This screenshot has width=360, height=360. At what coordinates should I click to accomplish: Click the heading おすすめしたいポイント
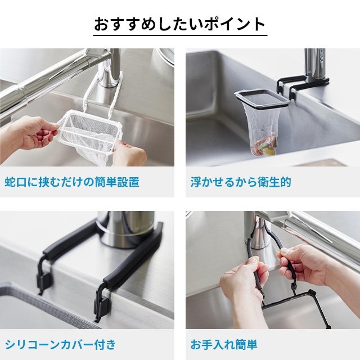tap(180, 24)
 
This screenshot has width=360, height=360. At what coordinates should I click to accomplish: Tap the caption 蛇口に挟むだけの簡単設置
tap(72, 182)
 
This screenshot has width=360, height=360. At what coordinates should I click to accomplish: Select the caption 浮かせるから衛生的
tap(241, 182)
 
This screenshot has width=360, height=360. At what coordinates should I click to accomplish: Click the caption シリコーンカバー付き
tap(61, 345)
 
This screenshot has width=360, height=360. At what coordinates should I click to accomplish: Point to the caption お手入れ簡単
tap(224, 345)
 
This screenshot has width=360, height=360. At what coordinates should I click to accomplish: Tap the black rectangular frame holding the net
tap(261, 99)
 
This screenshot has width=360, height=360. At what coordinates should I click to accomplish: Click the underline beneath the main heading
tap(180, 35)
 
